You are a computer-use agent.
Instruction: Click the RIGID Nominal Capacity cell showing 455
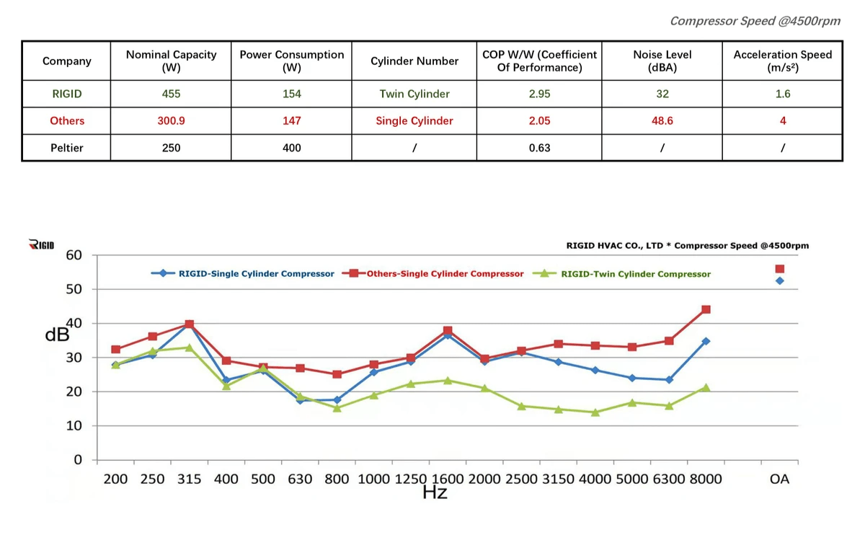click(171, 94)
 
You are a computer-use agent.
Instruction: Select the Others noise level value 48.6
click(662, 121)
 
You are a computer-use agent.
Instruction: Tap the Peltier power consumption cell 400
click(291, 148)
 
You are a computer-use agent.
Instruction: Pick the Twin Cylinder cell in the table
click(414, 94)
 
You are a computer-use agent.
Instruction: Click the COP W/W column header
click(539, 61)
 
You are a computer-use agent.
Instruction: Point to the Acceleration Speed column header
click(782, 61)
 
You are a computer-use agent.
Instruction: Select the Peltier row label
click(66, 148)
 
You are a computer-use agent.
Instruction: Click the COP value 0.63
click(539, 148)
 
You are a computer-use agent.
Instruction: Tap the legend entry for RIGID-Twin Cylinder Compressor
click(635, 274)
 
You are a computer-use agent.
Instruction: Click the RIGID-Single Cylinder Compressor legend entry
click(256, 274)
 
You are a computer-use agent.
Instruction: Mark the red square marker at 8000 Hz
click(706, 309)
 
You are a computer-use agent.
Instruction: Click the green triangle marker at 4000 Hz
click(595, 412)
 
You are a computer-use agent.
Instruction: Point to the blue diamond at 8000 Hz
click(706, 341)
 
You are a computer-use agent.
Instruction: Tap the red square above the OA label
click(779, 269)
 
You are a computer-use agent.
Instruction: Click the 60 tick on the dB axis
click(74, 255)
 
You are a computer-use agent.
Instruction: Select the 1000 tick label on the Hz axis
click(373, 479)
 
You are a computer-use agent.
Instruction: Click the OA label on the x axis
click(779, 479)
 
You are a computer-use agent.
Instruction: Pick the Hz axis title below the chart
click(435, 493)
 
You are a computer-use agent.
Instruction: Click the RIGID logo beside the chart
click(41, 245)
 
